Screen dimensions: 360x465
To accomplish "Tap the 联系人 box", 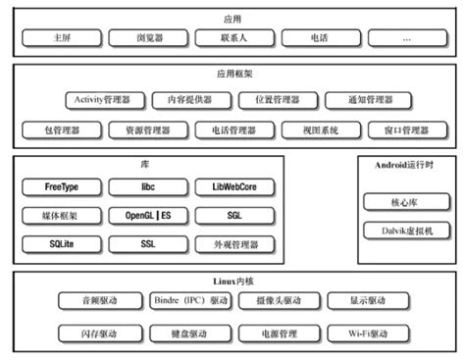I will coord(232,39).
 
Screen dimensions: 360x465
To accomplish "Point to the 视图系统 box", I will coord(318,129).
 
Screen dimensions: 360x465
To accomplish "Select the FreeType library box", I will coord(62,186).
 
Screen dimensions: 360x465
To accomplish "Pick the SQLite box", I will coord(62,242).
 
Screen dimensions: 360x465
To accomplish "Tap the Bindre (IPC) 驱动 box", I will coord(190,300).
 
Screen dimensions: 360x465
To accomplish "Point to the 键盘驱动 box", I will coord(190,334).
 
